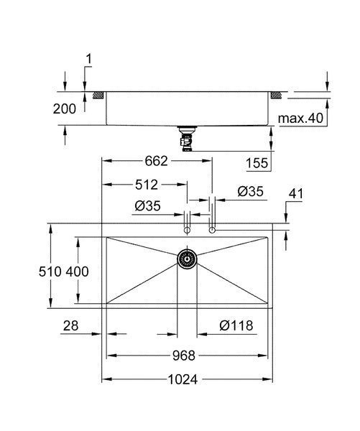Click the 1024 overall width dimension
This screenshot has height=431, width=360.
183,379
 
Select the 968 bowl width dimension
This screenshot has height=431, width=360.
184,356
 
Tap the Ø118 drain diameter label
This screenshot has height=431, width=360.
236,325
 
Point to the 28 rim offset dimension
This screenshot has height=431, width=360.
71,325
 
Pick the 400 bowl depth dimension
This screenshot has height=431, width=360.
78,272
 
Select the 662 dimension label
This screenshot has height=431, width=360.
156,161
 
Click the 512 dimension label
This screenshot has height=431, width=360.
147,185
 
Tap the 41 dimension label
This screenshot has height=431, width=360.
296,193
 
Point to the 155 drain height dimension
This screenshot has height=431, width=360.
257,163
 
